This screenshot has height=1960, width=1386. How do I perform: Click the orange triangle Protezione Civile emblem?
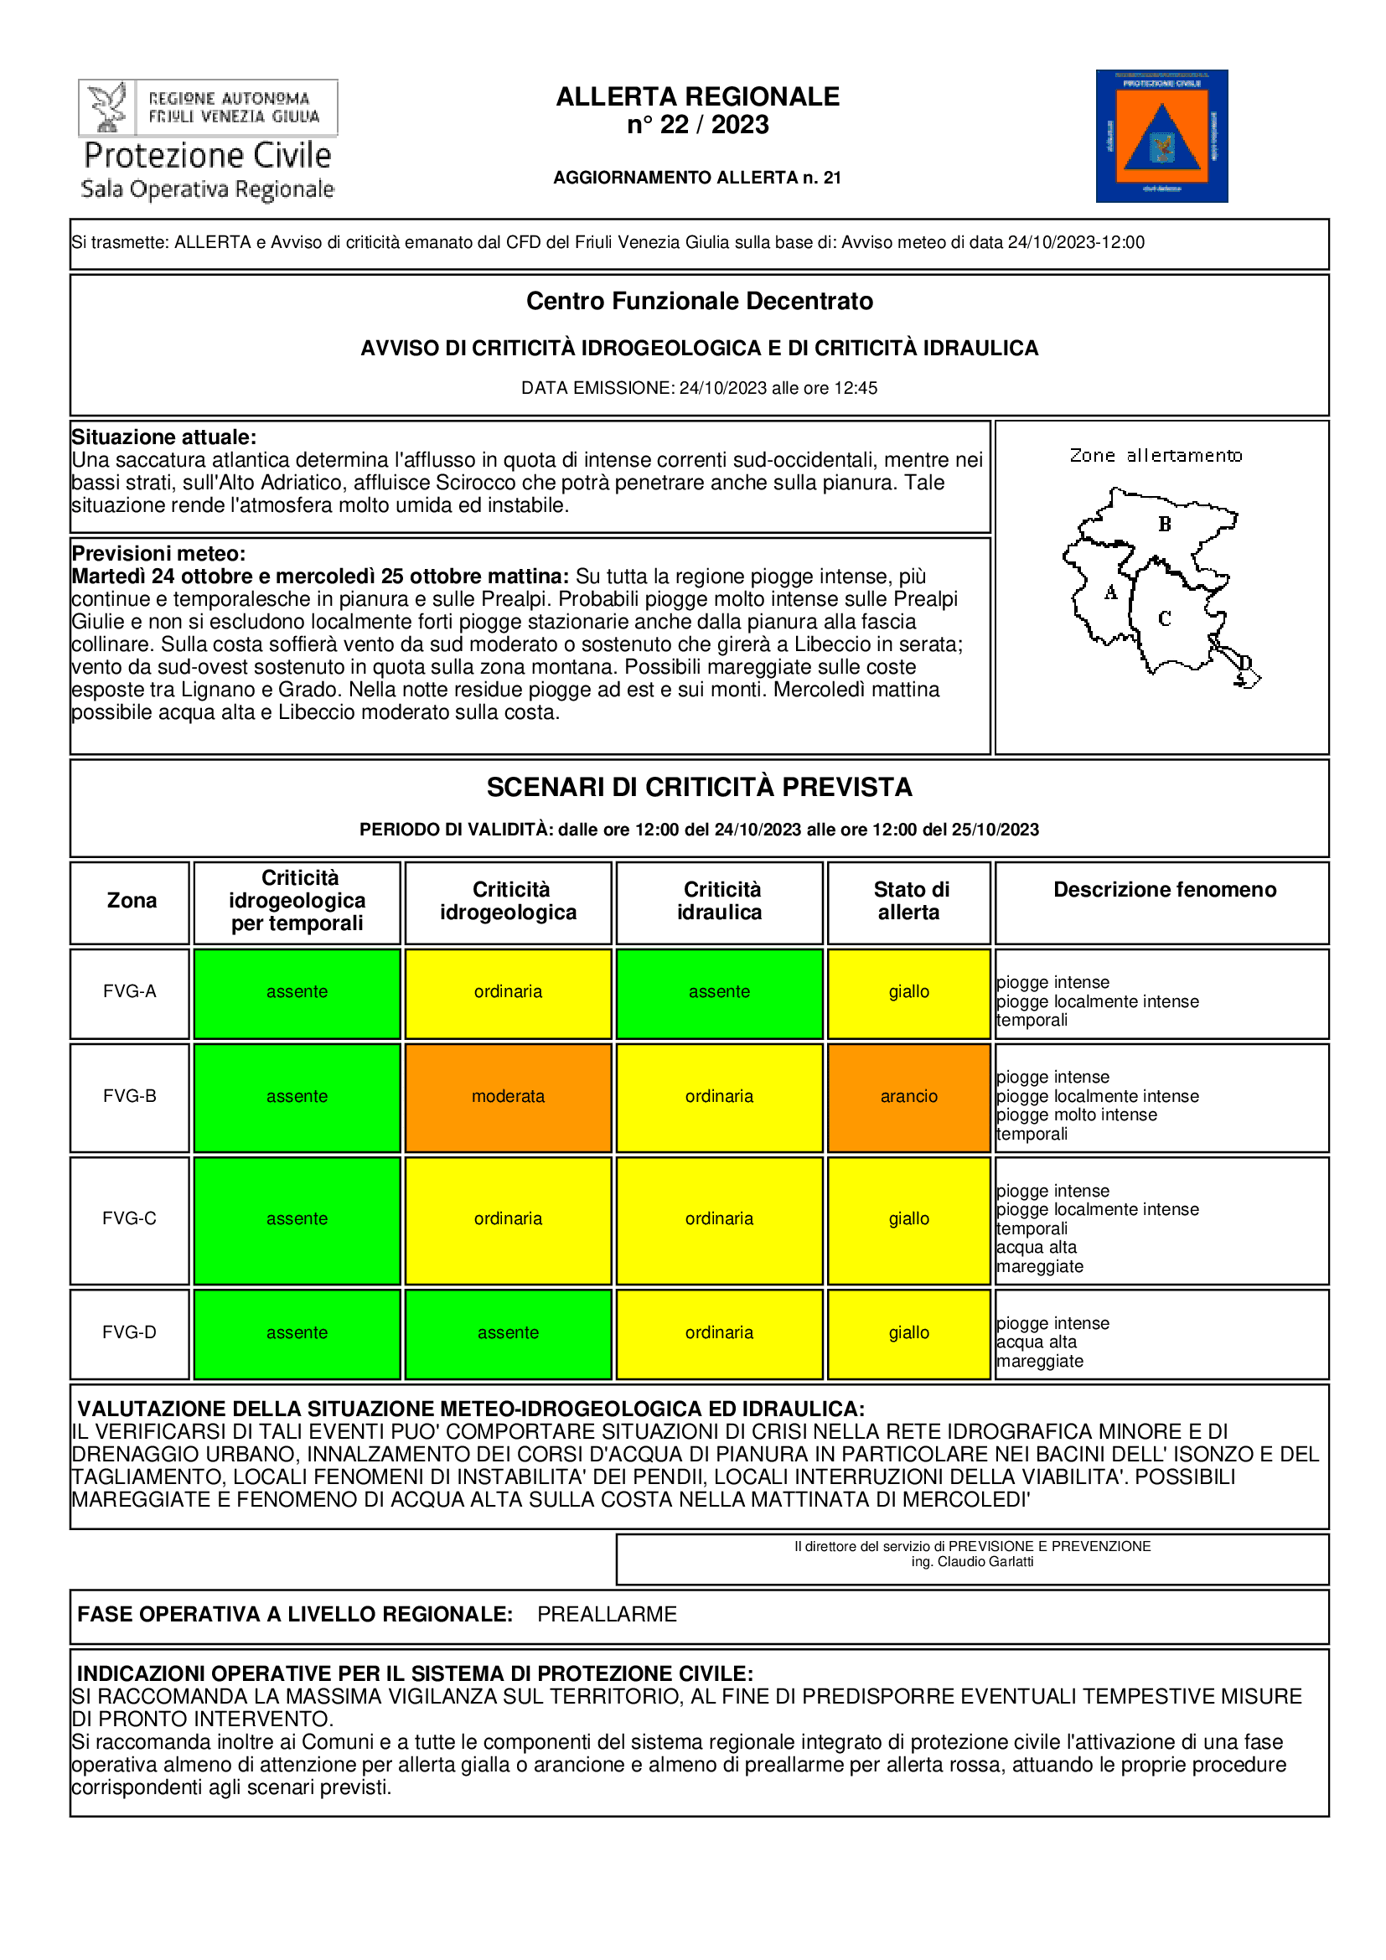1161,137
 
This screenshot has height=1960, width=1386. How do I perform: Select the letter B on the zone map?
1164,524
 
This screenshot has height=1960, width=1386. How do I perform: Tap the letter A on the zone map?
1110,592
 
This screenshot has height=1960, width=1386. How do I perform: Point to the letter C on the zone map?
1164,618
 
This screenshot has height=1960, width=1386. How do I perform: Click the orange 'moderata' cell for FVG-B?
508,1097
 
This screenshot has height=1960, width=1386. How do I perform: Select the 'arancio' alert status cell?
908,1097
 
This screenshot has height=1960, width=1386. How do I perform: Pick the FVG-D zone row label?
130,1332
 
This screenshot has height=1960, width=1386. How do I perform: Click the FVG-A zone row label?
130,992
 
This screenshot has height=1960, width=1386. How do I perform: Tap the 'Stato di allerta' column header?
910,902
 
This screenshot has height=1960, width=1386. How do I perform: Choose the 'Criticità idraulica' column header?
720,902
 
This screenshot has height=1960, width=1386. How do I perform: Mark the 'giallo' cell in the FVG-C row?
908,1219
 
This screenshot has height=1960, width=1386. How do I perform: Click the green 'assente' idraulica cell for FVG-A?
720,992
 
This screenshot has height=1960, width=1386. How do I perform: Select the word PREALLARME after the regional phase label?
607,1614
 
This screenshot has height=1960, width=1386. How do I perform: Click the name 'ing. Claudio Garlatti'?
972,1562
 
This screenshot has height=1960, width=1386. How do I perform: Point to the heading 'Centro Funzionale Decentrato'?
699,302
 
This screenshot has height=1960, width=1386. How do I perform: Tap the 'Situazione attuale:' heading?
164,438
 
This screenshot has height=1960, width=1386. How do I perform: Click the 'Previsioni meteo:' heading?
158,554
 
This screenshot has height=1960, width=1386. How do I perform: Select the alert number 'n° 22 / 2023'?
697,125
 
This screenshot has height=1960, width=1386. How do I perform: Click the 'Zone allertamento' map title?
1156,456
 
